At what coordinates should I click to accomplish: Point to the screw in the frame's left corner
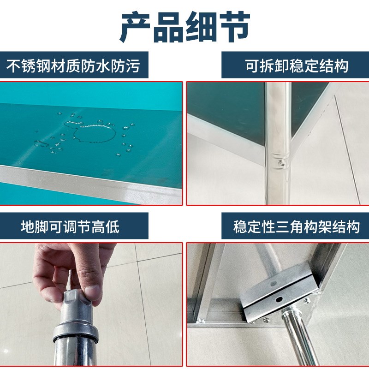tap(199, 319)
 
